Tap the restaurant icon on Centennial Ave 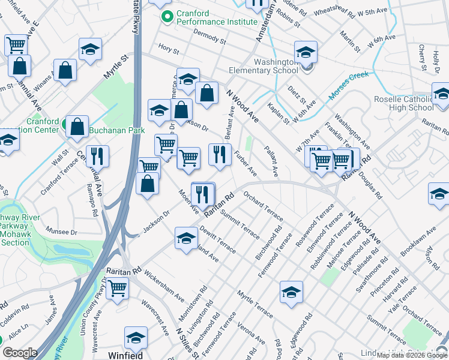(x=97, y=156)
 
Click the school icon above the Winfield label (x=136, y=338)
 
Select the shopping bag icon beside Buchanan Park (x=77, y=126)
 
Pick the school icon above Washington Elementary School (x=306, y=52)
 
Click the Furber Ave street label (x=246, y=163)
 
